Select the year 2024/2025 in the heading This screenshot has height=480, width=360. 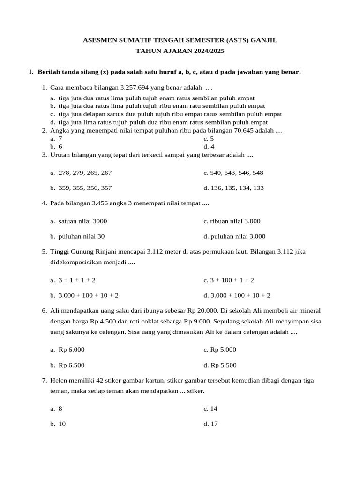(x=205, y=51)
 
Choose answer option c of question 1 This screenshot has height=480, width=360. (x=166, y=114)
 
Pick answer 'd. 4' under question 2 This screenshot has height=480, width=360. (x=209, y=146)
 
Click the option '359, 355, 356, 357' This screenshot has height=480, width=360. (x=85, y=187)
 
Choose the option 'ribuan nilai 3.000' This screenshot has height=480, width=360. (x=232, y=221)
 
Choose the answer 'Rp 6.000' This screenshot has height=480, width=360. (x=71, y=349)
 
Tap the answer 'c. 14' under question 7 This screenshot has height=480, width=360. (x=210, y=408)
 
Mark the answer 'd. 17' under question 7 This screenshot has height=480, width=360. (x=210, y=424)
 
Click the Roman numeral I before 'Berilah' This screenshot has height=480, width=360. (x=30, y=72)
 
